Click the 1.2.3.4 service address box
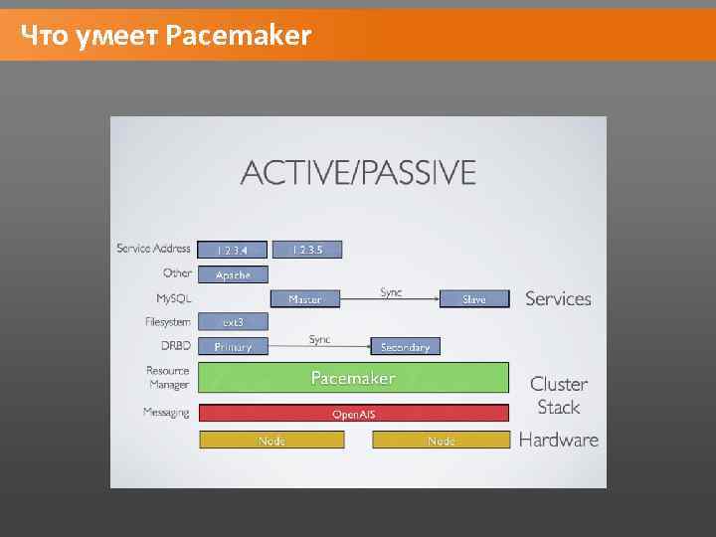tap(233, 251)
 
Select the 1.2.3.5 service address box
tap(306, 251)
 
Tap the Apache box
tap(233, 274)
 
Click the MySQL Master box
tap(305, 298)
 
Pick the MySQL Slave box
tap(473, 298)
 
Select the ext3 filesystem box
tap(233, 322)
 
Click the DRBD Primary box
tap(233, 346)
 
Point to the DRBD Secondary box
tap(405, 346)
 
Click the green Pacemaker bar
tap(353, 378)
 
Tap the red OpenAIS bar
tap(353, 414)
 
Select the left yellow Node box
tap(271, 440)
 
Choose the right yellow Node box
tap(441, 440)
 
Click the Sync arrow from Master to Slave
tap(390, 296)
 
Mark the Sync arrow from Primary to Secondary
tap(319, 344)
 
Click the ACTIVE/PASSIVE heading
tap(358, 173)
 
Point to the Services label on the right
tap(558, 298)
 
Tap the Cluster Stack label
tap(559, 395)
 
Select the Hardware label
tap(559, 440)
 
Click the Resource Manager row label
tap(167, 378)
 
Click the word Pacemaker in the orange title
tap(239, 37)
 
